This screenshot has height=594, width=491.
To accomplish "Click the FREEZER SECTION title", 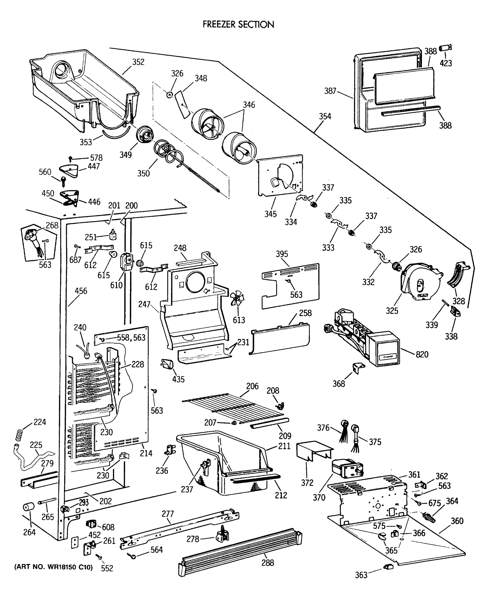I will pos(238,25).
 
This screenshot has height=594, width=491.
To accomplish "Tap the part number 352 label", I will pos(138,62).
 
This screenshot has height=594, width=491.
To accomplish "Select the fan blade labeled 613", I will pos(237,299).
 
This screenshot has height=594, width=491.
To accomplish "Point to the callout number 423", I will pos(446,63).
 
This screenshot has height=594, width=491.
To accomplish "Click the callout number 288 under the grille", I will pos(268,563).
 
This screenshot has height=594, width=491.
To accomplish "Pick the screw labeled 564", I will pos(133,557).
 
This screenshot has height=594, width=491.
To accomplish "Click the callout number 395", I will pos(282,254).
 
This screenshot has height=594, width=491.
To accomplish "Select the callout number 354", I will pos(325,116).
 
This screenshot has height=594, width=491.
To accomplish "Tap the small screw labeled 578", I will pos(70,159).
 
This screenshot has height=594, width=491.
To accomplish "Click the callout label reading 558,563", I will pos(131,337).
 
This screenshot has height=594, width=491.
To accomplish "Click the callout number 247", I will pos(144,304).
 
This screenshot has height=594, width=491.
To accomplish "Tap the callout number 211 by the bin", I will pos(284,446).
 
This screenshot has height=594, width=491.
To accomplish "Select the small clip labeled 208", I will pos(280,406).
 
